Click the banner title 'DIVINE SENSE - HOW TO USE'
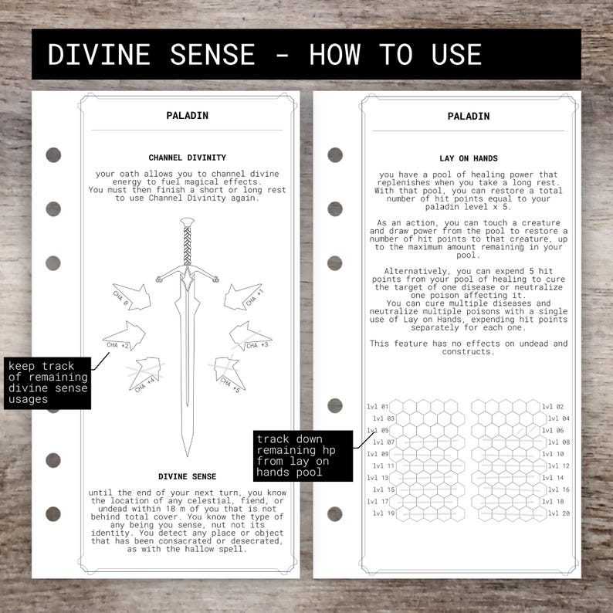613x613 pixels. click(x=264, y=55)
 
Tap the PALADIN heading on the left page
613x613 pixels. click(x=187, y=116)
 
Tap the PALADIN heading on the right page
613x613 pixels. click(x=468, y=116)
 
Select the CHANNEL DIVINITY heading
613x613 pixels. click(x=187, y=157)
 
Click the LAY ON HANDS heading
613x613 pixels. click(x=468, y=157)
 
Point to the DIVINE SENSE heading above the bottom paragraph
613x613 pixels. click(x=187, y=476)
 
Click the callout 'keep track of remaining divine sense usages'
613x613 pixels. click(x=49, y=382)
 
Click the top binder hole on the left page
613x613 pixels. click(x=53, y=154)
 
